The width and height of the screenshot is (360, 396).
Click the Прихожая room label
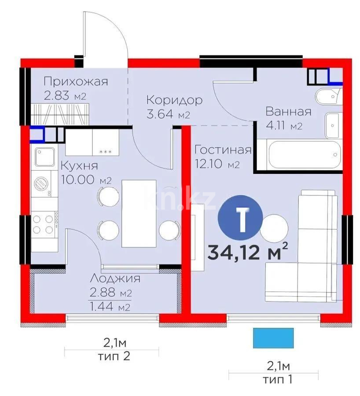tap(76, 81)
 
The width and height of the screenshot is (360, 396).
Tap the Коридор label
tap(175, 100)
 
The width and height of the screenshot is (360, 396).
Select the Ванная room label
tap(289, 111)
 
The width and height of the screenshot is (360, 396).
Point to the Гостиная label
tap(223, 150)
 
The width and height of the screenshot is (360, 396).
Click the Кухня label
tap(79, 166)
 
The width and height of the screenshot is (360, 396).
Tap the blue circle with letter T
tap(240, 218)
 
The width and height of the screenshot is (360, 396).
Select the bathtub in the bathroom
tap(304, 154)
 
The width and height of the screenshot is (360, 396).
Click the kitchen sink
tap(45, 157)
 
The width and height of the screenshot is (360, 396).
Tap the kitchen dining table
tap(139, 213)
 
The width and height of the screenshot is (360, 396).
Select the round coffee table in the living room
tap(274, 228)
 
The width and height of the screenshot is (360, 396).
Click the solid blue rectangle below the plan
tap(273, 338)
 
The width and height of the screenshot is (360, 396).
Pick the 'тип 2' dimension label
tap(114, 356)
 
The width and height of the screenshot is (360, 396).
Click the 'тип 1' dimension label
tap(278, 379)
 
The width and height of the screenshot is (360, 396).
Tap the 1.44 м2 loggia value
tap(110, 307)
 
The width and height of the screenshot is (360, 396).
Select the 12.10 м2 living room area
tap(217, 164)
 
